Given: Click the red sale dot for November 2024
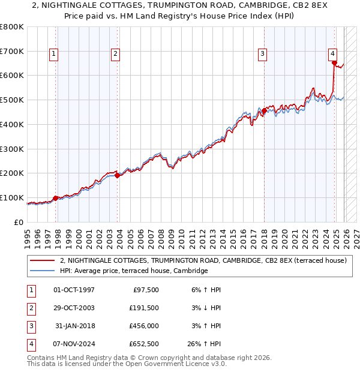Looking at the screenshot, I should [335, 62].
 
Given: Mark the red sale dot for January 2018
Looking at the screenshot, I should [264, 110].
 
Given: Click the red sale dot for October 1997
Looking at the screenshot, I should [56, 198].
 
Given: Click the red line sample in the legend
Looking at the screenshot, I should [43, 261].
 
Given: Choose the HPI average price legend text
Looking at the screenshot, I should [133, 271].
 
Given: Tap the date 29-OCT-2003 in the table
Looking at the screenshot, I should [74, 308].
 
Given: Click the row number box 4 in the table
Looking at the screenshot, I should [29, 344].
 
